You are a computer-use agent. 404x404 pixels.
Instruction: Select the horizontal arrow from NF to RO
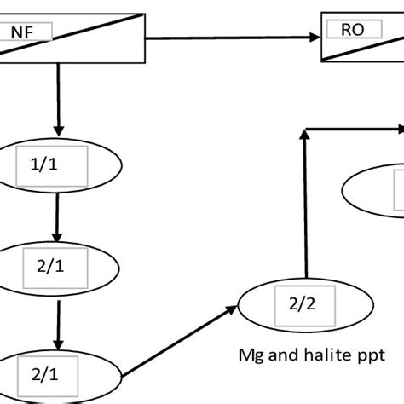click(230, 37)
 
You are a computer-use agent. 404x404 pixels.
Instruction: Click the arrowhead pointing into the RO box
click(314, 37)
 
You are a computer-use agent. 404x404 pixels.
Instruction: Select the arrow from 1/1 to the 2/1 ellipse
click(56, 217)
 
